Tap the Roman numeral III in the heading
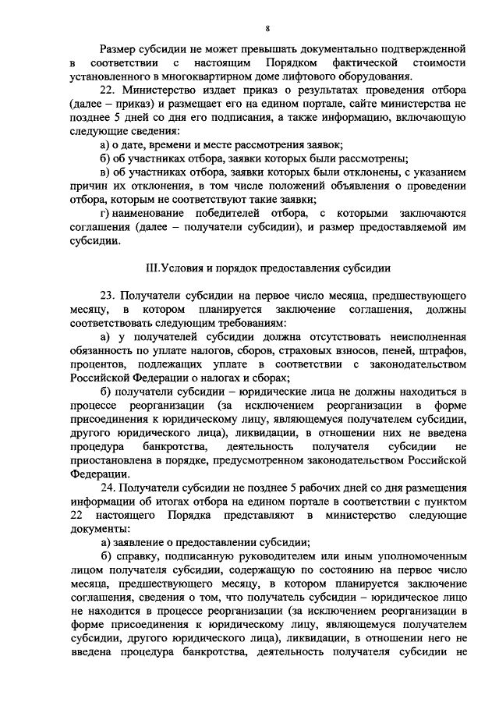point(154,268)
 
